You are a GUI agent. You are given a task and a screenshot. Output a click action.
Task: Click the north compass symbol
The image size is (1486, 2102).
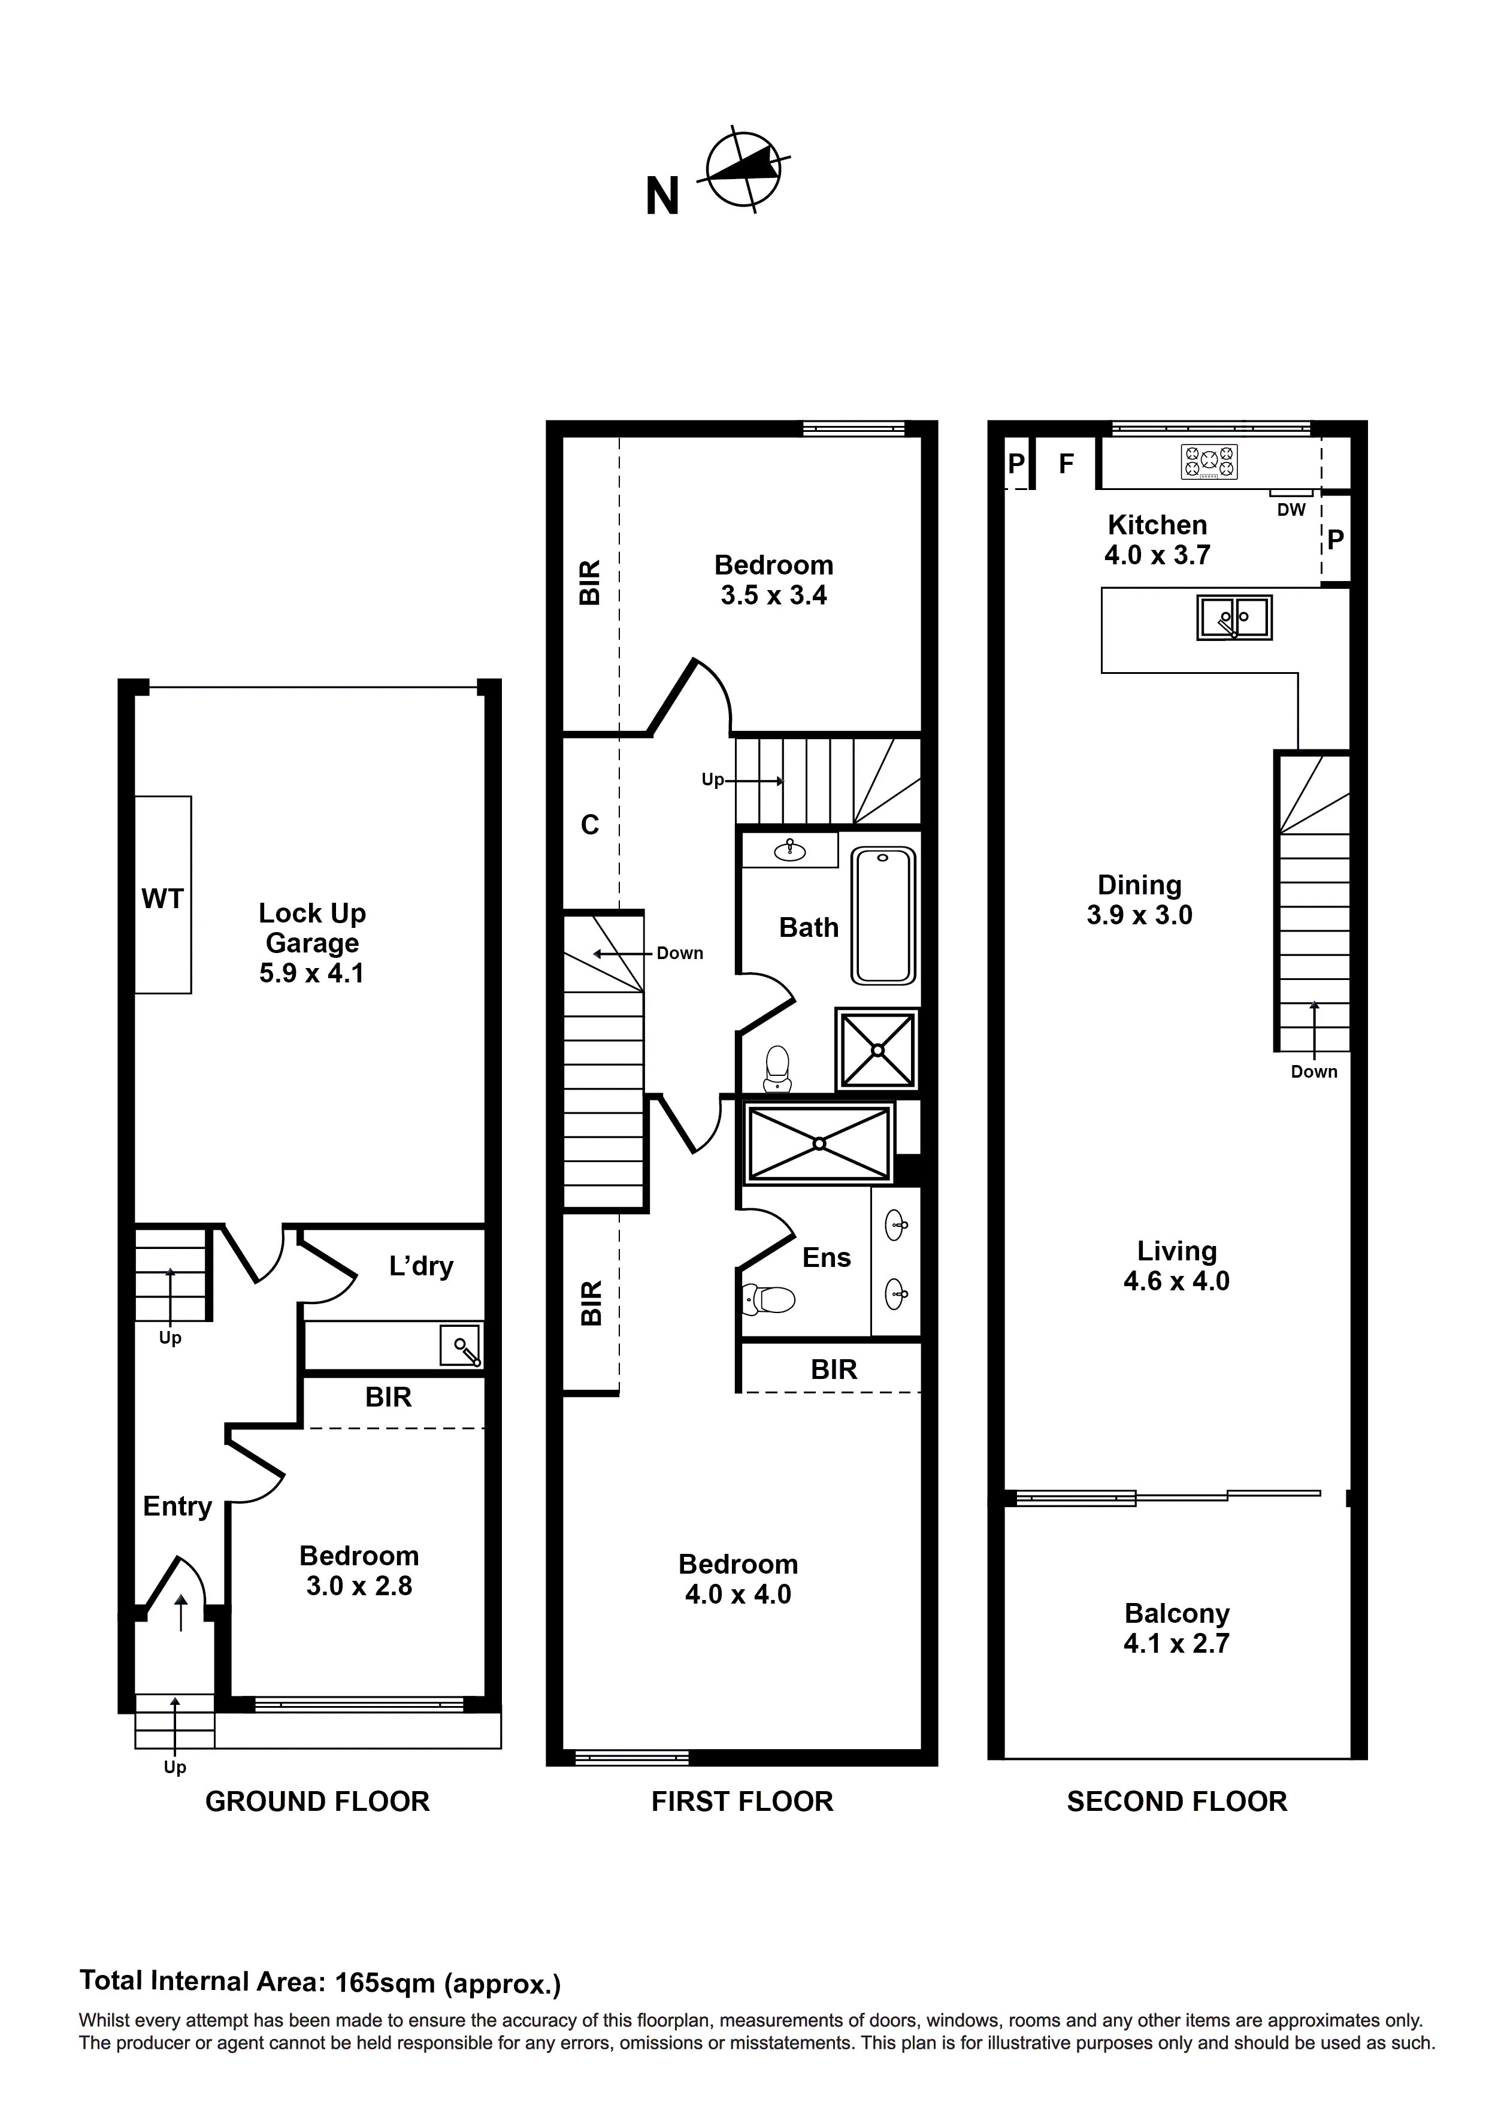point(743,170)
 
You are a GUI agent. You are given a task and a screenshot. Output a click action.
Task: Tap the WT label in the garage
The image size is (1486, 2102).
point(162,899)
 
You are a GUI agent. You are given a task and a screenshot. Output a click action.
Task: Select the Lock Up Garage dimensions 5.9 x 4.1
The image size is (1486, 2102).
point(311,973)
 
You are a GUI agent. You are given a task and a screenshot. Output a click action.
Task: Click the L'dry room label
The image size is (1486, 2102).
point(421,1266)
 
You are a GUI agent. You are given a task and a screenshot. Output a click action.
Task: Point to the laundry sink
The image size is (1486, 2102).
point(461,1347)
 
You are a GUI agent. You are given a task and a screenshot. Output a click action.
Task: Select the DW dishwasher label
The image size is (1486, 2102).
point(1291,510)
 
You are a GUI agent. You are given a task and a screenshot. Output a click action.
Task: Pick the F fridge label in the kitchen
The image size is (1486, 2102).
point(1066,464)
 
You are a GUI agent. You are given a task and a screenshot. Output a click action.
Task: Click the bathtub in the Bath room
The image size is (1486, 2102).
point(883,915)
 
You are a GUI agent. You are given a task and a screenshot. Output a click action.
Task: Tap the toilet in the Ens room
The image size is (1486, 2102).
point(769,1298)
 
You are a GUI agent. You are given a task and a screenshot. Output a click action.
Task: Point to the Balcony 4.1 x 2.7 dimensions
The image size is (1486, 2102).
point(1176,1643)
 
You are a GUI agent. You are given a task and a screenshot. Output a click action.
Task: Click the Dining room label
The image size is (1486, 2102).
point(1139,885)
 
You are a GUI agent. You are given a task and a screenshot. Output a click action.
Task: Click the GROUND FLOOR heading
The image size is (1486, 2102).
point(317,1802)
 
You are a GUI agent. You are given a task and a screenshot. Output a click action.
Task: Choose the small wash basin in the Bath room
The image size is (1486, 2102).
point(789,851)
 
